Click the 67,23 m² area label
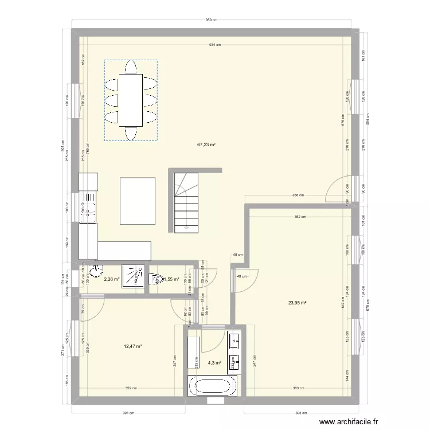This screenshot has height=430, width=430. (x=206, y=145)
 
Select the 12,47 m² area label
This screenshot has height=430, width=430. (x=132, y=346)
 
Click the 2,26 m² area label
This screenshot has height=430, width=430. (x=111, y=280)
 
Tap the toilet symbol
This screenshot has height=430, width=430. (x=155, y=279)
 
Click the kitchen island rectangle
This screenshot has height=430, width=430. (x=138, y=201)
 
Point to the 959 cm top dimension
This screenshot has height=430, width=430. (x=212, y=20)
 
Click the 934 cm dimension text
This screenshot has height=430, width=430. (x=215, y=44)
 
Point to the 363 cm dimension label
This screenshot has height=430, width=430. (x=296, y=389)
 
